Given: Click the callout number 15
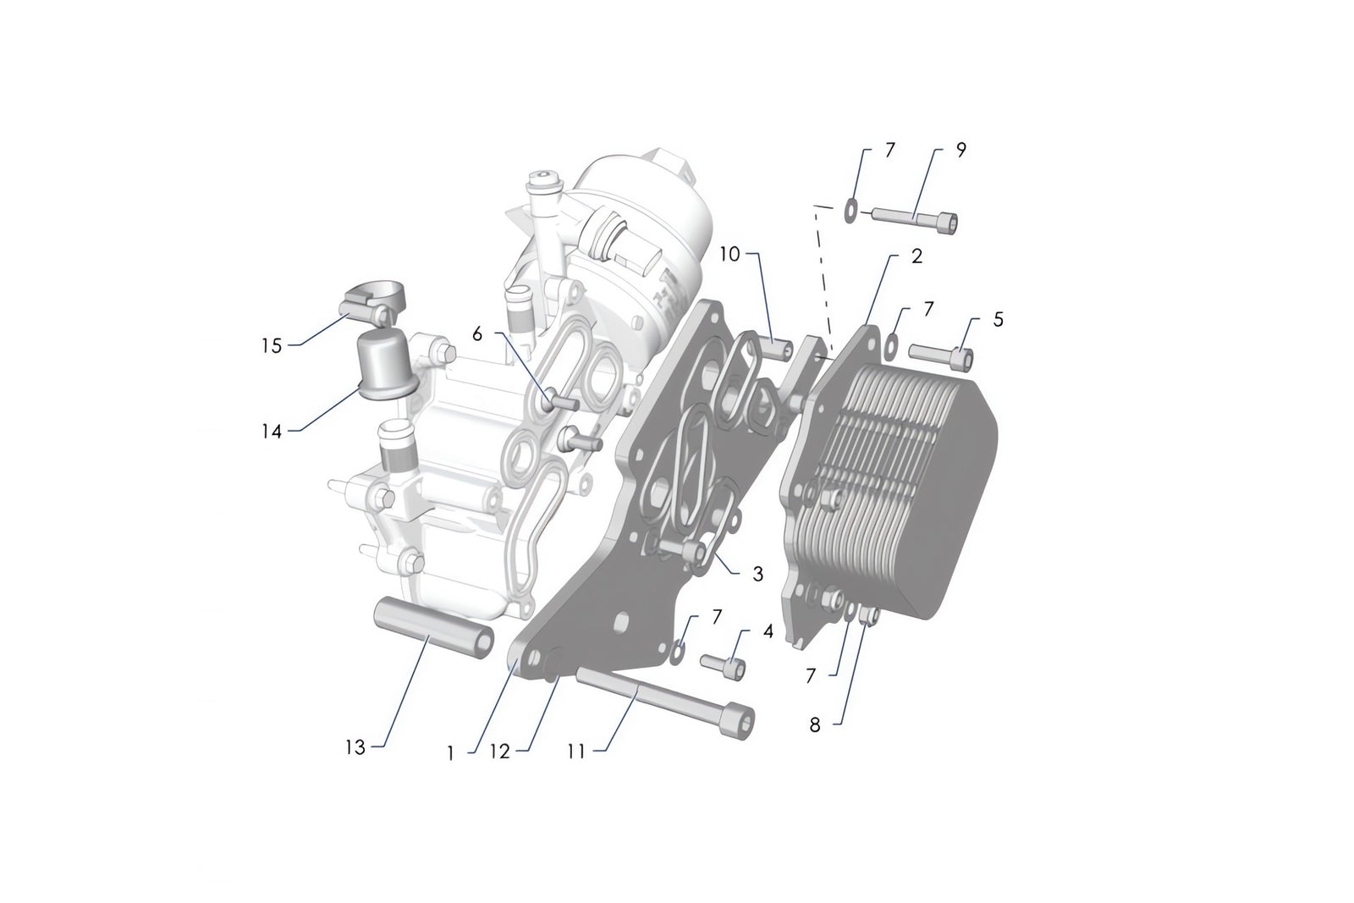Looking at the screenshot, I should (271, 346).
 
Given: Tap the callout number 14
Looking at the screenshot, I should (271, 431).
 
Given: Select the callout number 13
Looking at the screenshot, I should (355, 747).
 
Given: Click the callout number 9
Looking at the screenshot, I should (960, 150).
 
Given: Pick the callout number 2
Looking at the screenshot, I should (916, 256).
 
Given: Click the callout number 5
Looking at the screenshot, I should (999, 319).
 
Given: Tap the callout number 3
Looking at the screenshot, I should (757, 574).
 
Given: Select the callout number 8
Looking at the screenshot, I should (815, 725).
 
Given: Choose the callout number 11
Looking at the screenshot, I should (576, 750).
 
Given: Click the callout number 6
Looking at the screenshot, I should (477, 334).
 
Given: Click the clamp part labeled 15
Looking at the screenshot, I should (375, 303).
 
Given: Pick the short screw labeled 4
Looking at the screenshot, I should (724, 664).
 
